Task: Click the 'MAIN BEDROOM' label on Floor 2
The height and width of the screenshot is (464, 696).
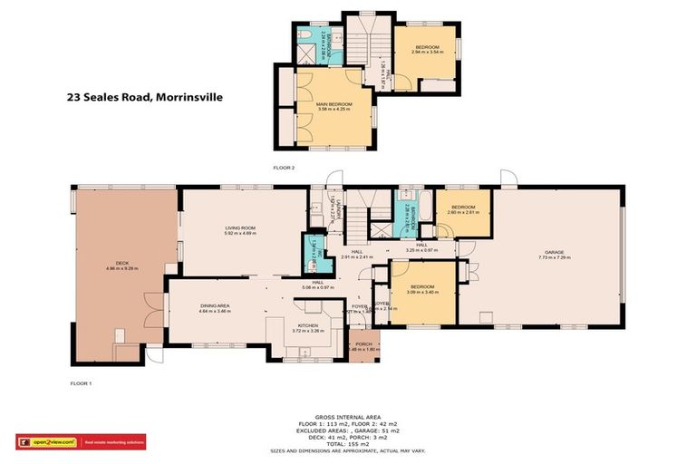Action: pos(334,103)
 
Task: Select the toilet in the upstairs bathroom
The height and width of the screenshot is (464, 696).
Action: pos(308,36)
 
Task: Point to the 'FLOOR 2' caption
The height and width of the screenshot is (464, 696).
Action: pos(285,168)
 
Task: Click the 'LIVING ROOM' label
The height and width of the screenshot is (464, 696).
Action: pos(240,227)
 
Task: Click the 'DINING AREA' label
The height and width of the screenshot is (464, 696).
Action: pos(215,306)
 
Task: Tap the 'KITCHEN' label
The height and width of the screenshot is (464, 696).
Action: pos(309,324)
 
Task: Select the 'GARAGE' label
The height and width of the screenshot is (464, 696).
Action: pos(554,252)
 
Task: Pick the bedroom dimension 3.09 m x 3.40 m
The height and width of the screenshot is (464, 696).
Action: pos(422,292)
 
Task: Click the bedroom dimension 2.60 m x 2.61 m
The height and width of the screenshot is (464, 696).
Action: pos(462,212)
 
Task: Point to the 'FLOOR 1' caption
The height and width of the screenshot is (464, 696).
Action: pos(82,383)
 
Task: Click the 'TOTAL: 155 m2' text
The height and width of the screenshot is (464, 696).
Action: pos(347,442)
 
